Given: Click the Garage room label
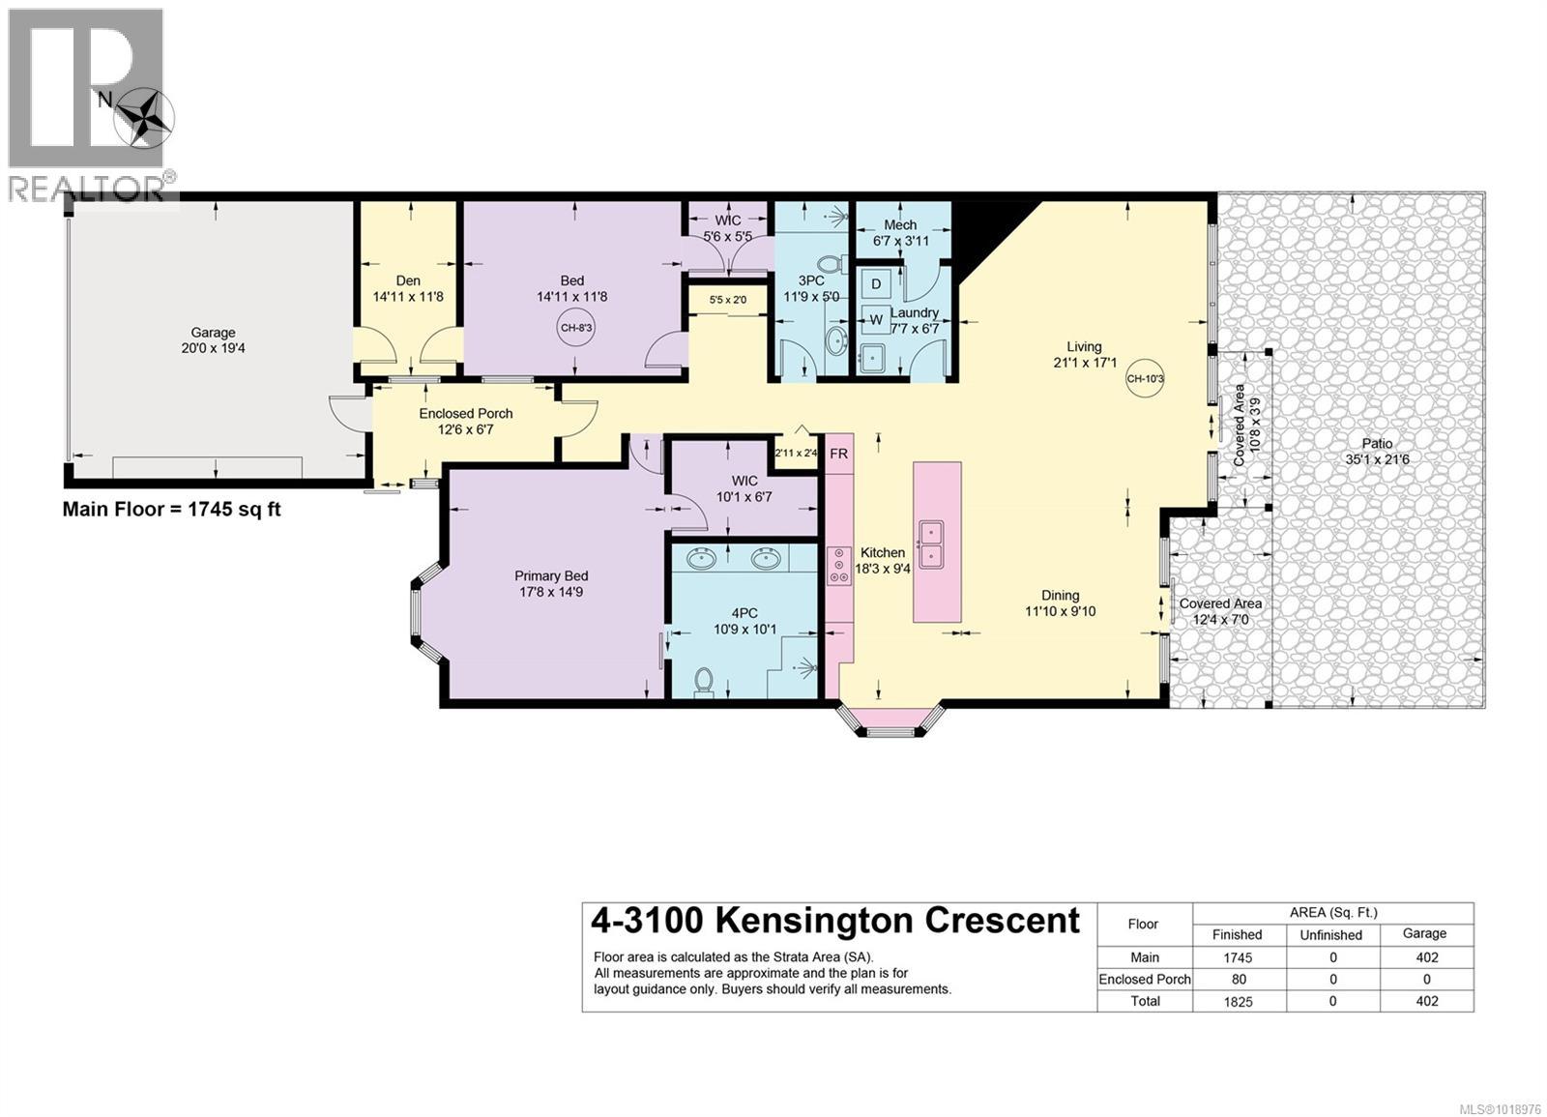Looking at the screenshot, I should point(213,333).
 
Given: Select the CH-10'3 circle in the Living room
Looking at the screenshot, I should point(1146,379).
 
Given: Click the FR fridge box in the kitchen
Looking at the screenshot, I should point(838,453).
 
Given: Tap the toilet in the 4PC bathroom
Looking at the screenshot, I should point(704,682).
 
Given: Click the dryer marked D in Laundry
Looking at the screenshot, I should point(876,284).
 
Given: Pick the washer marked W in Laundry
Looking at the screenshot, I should point(876,319).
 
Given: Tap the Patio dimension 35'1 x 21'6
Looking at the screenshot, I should point(1377,459).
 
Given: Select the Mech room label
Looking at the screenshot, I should point(900,224).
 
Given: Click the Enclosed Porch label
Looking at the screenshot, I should point(466,413).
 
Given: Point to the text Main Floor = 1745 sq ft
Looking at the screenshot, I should point(172,510).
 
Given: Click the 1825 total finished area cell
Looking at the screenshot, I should point(1238,1002).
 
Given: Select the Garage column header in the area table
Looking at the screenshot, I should point(1424,933).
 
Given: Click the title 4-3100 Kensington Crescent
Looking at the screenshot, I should point(835,921).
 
